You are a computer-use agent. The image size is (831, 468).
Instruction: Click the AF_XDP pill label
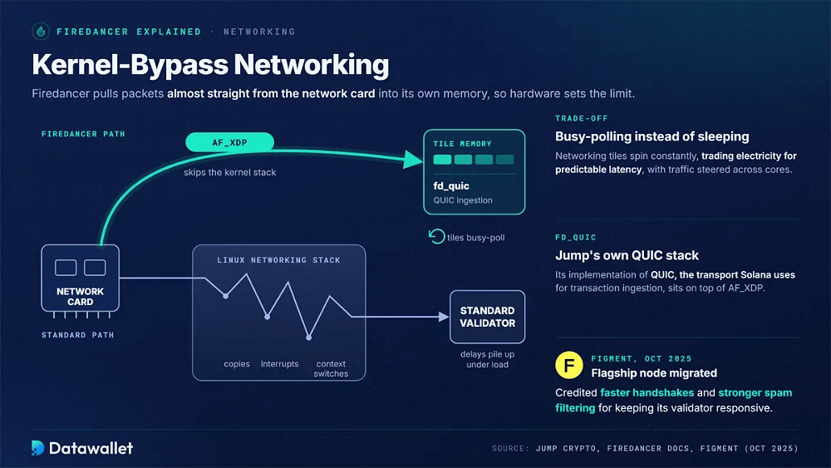229,142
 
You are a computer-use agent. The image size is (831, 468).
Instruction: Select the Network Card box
80,278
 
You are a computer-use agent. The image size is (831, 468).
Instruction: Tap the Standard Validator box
487,317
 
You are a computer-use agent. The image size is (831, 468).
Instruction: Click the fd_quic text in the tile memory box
451,186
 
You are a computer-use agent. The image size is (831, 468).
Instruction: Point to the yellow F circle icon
568,365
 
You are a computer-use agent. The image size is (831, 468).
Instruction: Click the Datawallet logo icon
37,448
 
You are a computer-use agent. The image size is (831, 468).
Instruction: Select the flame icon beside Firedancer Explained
41,32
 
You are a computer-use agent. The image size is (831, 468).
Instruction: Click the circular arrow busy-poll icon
436,236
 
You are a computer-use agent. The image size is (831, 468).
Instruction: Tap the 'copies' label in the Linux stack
236,364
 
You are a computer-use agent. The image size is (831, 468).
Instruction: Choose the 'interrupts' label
279,364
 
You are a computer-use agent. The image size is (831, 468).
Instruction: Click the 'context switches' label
331,368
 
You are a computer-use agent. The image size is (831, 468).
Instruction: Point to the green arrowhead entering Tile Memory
413,159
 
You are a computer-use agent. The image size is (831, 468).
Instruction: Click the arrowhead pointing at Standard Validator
444,317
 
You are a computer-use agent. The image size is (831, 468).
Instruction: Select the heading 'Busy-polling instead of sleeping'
652,137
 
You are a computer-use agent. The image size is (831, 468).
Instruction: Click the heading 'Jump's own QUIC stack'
627,255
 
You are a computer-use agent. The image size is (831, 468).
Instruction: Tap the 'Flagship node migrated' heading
654,373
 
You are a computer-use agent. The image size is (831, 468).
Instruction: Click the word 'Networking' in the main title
311,65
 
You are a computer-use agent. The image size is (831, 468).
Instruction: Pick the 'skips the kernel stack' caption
229,172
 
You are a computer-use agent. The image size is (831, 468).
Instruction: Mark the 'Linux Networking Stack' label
278,260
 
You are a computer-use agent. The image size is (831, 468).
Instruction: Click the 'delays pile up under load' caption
487,359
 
